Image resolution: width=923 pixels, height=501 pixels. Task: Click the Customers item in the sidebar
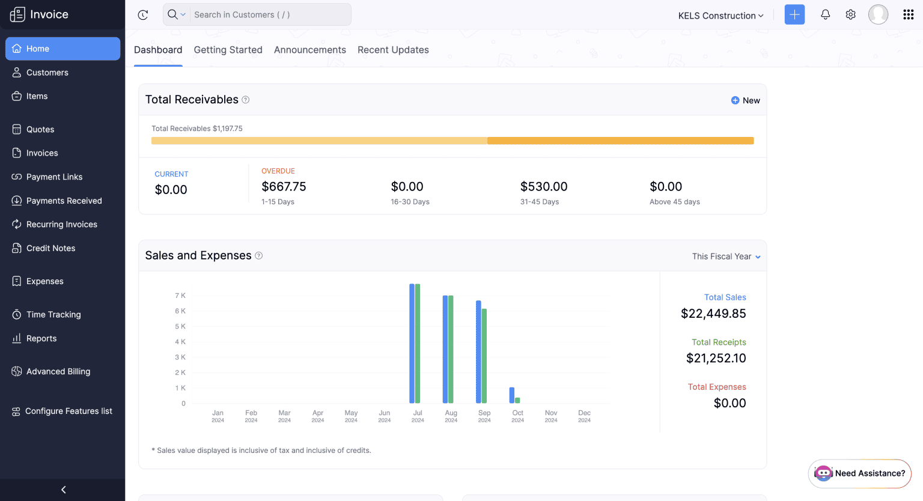[47, 73]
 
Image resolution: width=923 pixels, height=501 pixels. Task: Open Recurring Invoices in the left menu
[61, 225]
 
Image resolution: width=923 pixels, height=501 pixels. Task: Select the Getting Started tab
[228, 50]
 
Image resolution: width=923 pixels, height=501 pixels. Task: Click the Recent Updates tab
[393, 50]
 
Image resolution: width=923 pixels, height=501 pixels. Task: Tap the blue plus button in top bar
[794, 15]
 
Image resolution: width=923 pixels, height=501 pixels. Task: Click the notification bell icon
[825, 15]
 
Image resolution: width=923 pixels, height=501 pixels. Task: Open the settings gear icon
[850, 15]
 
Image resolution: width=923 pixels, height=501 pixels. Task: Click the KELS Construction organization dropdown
[720, 16]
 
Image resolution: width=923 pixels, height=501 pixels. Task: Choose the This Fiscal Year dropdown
[726, 257]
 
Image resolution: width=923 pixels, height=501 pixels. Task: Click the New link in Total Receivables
[746, 100]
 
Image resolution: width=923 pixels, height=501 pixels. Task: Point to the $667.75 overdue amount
[284, 187]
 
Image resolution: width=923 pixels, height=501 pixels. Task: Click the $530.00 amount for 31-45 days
[544, 187]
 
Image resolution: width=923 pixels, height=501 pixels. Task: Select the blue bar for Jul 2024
[412, 343]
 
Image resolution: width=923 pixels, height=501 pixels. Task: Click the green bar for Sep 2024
[484, 356]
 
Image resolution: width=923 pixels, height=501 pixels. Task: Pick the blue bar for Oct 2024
[512, 395]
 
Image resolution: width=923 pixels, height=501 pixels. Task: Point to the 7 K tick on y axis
[180, 296]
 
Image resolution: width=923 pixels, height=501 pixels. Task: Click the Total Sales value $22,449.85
[713, 314]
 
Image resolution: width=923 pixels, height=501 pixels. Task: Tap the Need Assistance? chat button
[860, 473]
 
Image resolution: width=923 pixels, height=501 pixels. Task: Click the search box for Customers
[267, 15]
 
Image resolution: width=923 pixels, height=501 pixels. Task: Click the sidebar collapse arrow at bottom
[63, 490]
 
